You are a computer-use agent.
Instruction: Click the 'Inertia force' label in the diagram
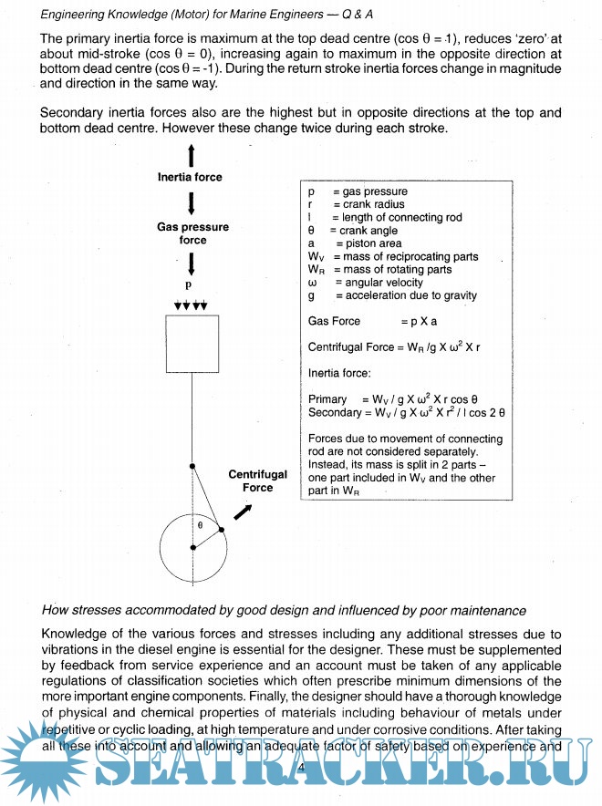(x=190, y=177)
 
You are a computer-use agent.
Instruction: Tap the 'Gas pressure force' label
(x=192, y=232)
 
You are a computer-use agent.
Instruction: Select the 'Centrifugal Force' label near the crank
(x=257, y=480)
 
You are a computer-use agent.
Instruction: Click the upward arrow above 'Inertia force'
(x=191, y=154)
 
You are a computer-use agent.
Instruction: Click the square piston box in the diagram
(x=192, y=344)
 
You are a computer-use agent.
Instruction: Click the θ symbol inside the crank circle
(x=201, y=526)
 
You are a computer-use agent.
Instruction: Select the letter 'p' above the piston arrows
(x=190, y=284)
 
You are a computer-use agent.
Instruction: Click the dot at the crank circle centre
(x=192, y=547)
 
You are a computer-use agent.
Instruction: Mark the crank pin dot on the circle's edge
(x=222, y=529)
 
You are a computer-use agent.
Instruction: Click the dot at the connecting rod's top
(x=192, y=466)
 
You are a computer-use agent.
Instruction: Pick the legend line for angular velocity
(x=366, y=283)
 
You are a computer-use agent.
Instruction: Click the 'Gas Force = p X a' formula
(x=373, y=321)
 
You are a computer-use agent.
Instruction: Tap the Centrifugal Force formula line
(x=394, y=347)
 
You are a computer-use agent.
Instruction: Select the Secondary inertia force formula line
(x=407, y=412)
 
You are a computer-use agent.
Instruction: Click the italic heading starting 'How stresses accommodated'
(x=284, y=610)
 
